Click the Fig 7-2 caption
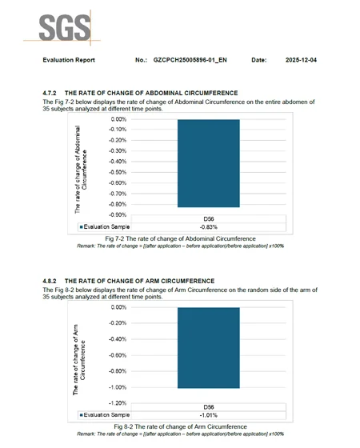click(180, 238)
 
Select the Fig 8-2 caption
click(179, 427)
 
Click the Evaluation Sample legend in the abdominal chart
click(106, 226)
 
